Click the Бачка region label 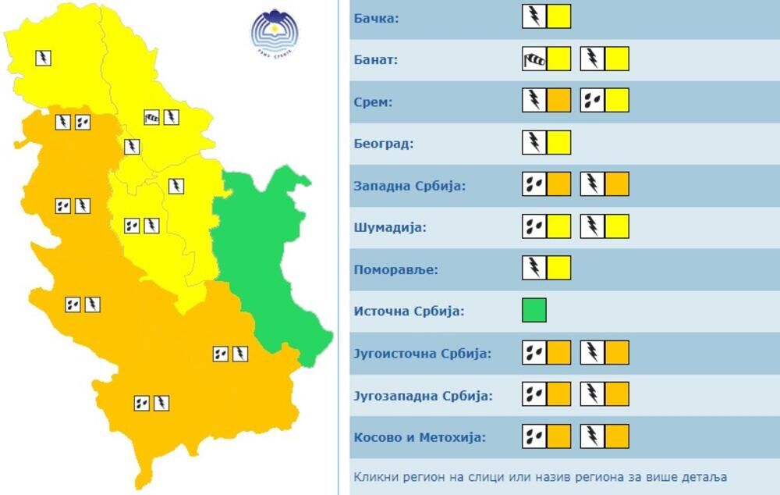tap(376, 18)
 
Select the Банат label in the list tap(375, 59)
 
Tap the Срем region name tap(371, 101)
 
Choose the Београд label tap(383, 144)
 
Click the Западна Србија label tap(409, 186)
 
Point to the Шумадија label tap(389, 228)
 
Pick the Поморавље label tap(395, 270)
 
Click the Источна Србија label tap(409, 312)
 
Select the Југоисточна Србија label tap(422, 354)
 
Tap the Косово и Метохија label tap(419, 437)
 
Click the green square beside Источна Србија tap(534, 310)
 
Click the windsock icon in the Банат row tap(534, 59)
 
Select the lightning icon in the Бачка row tap(534, 16)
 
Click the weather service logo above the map tap(275, 32)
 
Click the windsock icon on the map tap(152, 118)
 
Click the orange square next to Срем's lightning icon tap(558, 101)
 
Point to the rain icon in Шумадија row tap(534, 226)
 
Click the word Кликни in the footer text tap(374, 476)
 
